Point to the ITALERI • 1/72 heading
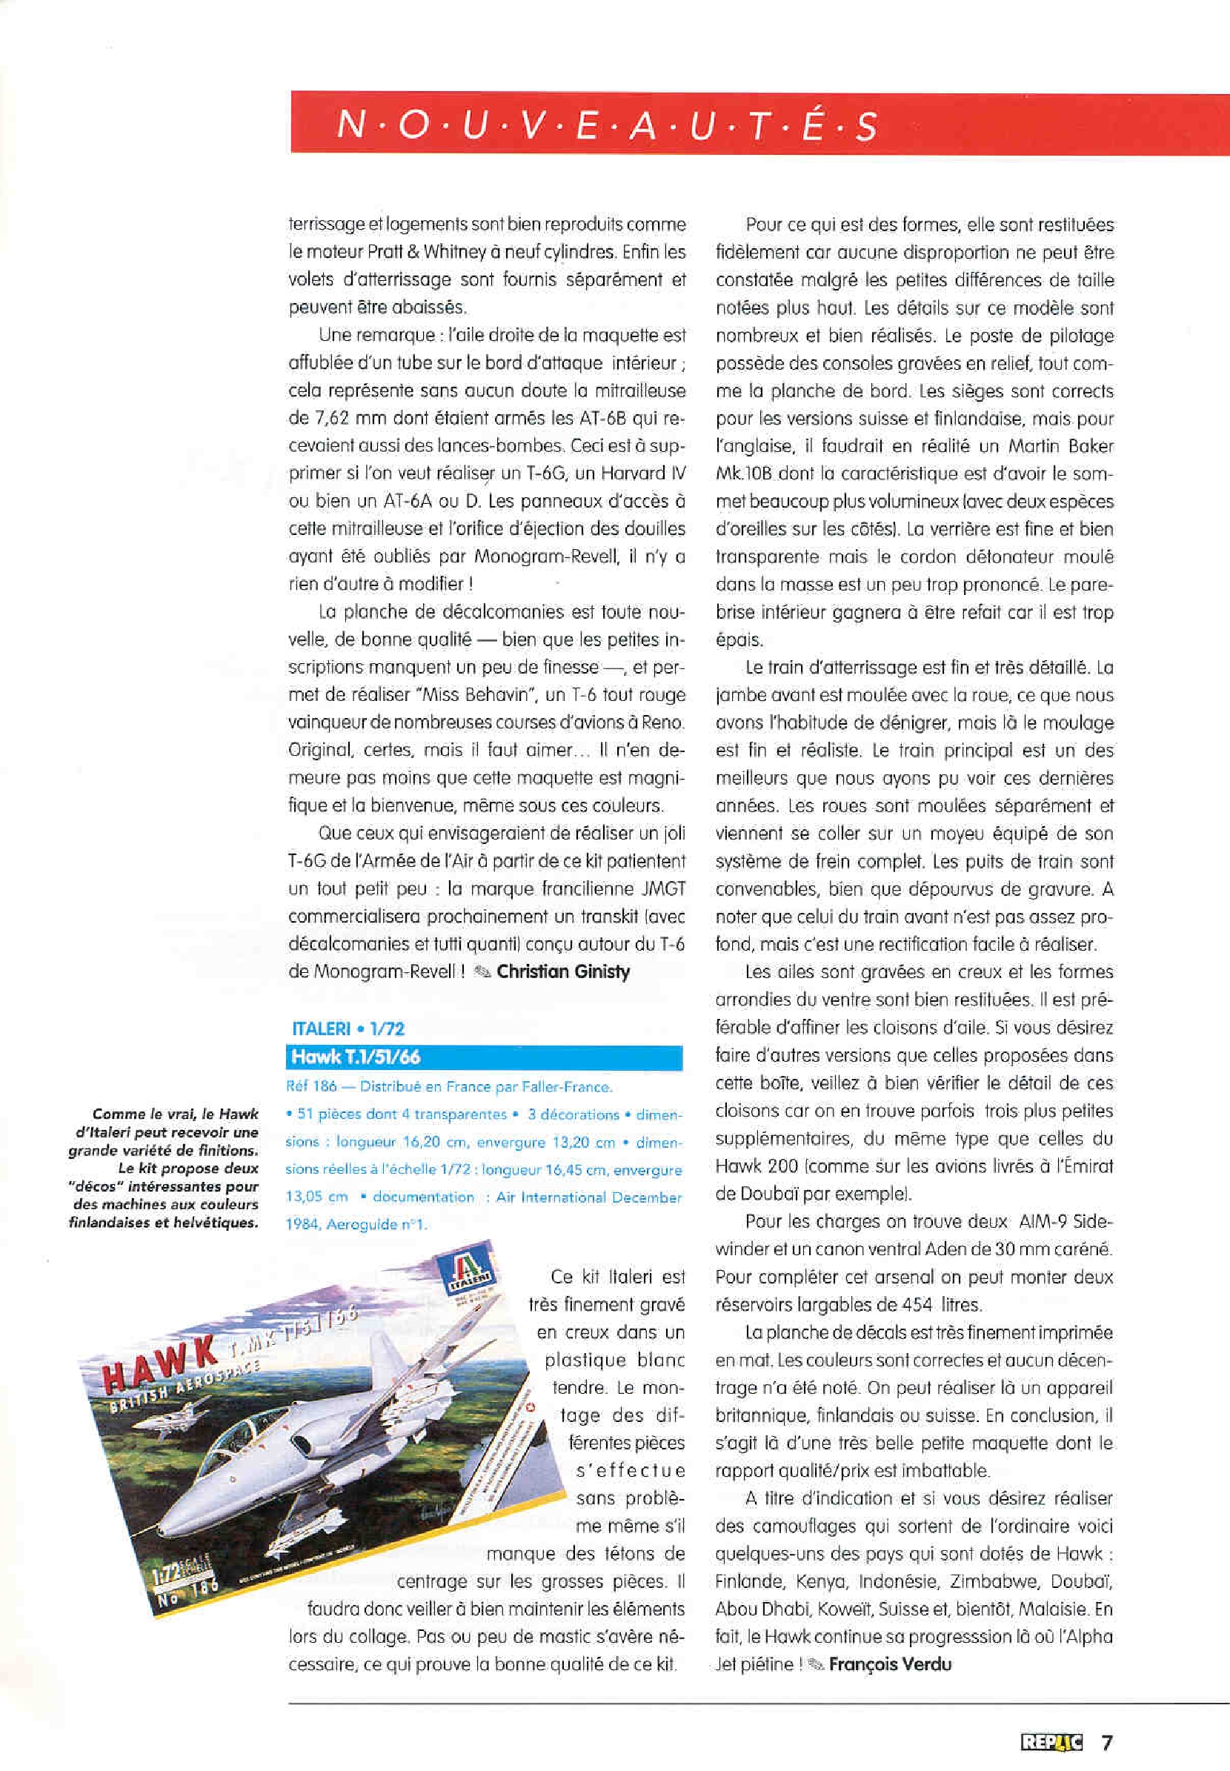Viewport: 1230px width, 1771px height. (348, 1029)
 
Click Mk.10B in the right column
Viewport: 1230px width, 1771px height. (746, 474)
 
